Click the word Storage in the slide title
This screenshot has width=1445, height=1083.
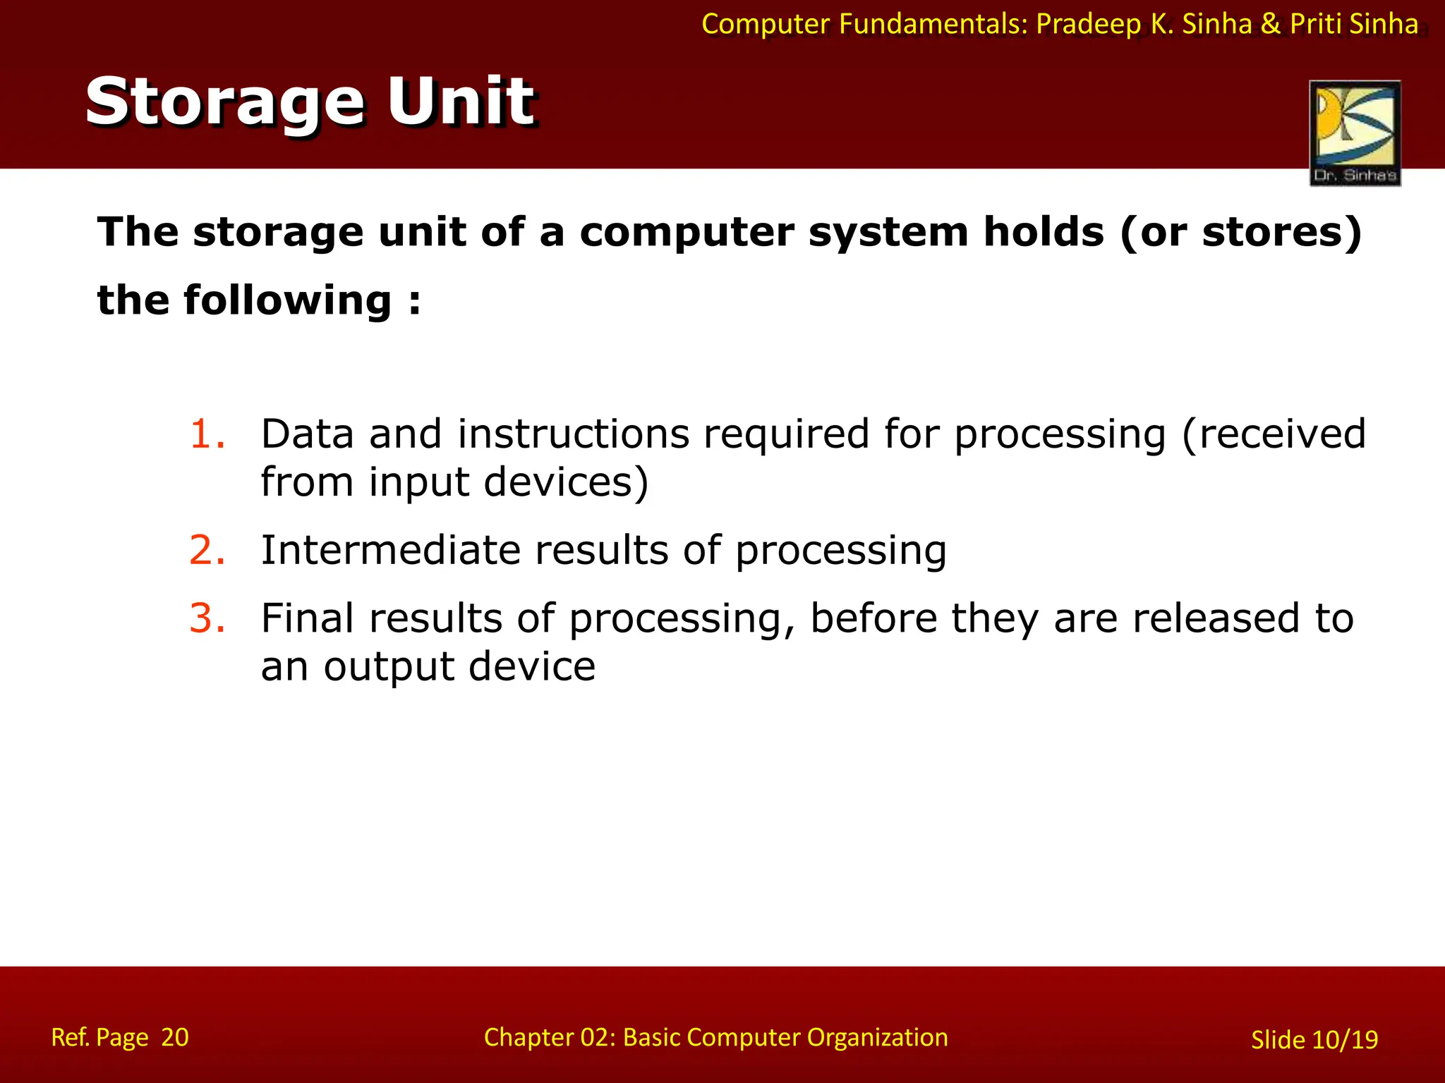click(224, 103)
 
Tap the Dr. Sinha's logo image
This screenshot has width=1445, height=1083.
click(1355, 133)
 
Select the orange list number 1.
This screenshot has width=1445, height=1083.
click(207, 434)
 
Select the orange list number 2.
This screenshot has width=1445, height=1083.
click(207, 550)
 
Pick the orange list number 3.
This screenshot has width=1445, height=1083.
click(207, 618)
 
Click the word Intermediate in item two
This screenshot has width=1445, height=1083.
click(390, 550)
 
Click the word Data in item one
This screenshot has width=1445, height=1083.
click(307, 434)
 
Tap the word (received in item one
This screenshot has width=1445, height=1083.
click(1274, 434)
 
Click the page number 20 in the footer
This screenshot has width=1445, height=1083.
click(175, 1037)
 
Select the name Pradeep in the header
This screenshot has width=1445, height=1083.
click(1088, 25)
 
